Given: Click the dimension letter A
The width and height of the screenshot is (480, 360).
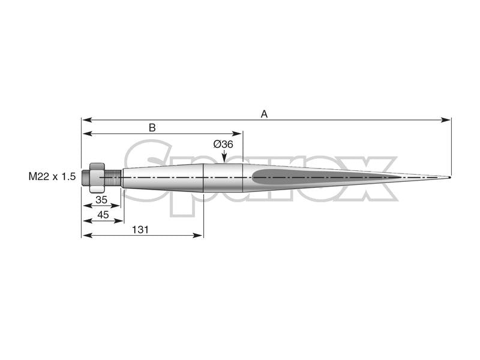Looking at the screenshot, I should click(x=263, y=113).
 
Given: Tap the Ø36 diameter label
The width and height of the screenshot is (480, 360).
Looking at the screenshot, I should click(x=223, y=145).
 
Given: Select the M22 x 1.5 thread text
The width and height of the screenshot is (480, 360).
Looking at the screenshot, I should click(x=52, y=176).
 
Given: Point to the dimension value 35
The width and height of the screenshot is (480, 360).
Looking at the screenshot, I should click(x=101, y=199).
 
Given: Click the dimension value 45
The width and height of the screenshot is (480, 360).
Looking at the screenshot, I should click(x=103, y=215).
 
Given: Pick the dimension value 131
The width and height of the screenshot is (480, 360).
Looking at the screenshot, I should click(x=140, y=229).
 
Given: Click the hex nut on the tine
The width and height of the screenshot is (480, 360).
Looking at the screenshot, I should click(x=97, y=178).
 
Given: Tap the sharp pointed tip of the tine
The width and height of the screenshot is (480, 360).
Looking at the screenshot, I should click(x=449, y=178).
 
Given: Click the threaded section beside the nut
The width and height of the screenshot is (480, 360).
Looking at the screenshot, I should click(x=112, y=178).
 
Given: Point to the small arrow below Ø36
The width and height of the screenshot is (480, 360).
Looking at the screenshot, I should click(x=223, y=158).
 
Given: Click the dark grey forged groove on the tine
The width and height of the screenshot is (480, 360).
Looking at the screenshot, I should click(x=282, y=176).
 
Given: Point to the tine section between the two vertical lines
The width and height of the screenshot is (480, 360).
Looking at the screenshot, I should click(x=223, y=178).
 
